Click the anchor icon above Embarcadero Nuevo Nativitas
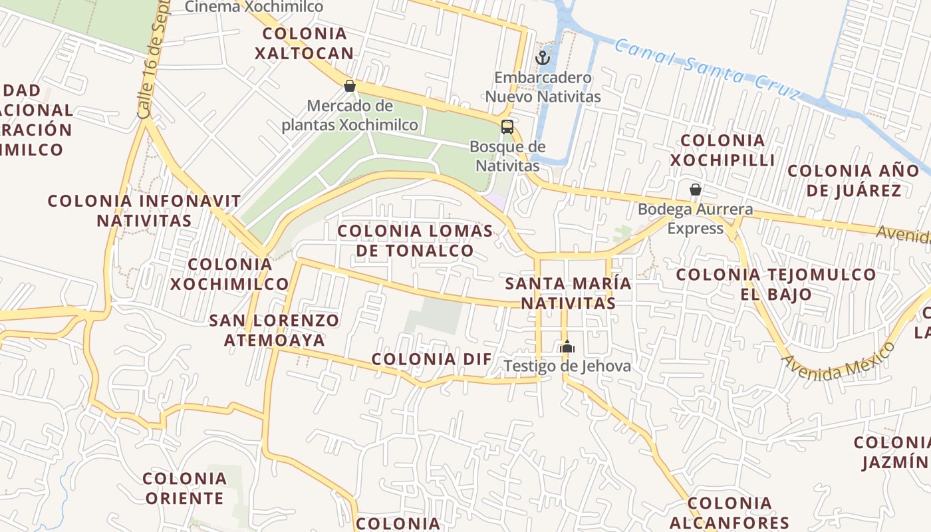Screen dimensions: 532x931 [x=543, y=58]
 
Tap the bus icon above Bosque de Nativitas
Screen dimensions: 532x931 [x=507, y=126]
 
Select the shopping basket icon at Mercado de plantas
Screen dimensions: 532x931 [x=350, y=86]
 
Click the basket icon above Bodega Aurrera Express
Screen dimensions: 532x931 [x=696, y=190]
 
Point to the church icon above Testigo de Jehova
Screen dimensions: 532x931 [x=567, y=346]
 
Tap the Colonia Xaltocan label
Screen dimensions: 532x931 [x=304, y=43]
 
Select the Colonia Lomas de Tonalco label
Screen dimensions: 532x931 [x=416, y=241]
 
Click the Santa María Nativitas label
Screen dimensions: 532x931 [x=568, y=293]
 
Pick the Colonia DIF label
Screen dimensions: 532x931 [x=432, y=359]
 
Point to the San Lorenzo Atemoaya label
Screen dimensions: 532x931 [x=274, y=330]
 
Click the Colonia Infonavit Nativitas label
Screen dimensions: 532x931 [x=144, y=210]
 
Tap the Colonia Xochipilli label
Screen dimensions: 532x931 [x=722, y=150]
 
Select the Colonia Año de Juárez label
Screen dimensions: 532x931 [x=854, y=180]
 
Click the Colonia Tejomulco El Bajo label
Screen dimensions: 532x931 [x=776, y=284]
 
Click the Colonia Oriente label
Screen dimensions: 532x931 [x=184, y=487]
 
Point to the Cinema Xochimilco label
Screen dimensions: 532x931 [x=254, y=7]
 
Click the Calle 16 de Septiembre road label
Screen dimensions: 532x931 [x=152, y=63]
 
